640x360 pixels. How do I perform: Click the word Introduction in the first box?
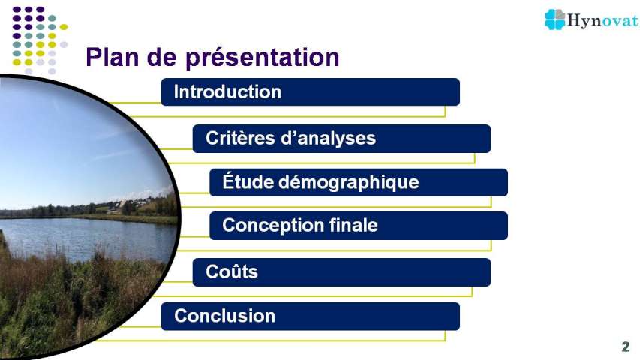(x=227, y=91)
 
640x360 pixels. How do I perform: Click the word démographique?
(x=349, y=182)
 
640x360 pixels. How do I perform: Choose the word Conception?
(x=272, y=226)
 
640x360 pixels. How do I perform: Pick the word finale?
(x=353, y=225)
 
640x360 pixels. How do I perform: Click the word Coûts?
(x=232, y=271)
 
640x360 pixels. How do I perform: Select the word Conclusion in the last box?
(x=224, y=316)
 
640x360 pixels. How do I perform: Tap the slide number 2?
(x=626, y=346)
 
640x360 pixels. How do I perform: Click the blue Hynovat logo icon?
(x=554, y=19)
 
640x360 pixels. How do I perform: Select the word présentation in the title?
(x=263, y=58)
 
